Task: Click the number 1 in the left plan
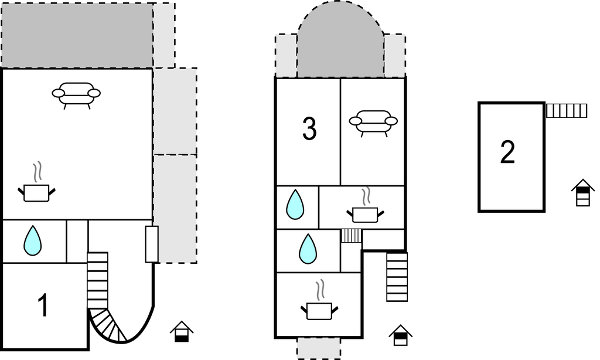pos(42,306)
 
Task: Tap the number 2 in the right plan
pos(507,152)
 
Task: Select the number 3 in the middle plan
pos(309,130)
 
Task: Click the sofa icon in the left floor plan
pos(76,94)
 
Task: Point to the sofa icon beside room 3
pos(373,123)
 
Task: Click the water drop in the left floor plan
pos(32,240)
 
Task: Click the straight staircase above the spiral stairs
pos(97,280)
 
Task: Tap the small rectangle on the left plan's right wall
pos(152,244)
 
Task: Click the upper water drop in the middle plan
pos(295,205)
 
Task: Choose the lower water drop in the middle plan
pos(308,249)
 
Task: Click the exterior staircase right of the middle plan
pos(397,277)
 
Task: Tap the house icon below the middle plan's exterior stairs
pos(400,336)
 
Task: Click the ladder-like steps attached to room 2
pos(567,110)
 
